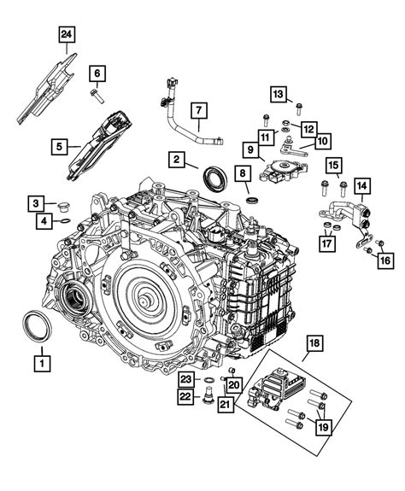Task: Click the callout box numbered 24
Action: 65,35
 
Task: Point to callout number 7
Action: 197,109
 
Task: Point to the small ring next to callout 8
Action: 253,199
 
